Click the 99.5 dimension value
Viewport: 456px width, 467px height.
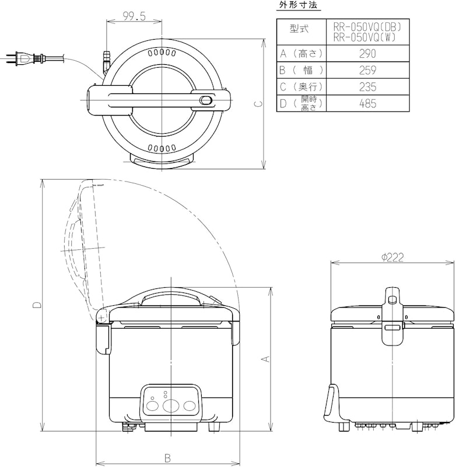pos(135,16)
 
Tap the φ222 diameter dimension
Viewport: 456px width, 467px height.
pos(392,257)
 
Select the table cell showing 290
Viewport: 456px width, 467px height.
pos(367,54)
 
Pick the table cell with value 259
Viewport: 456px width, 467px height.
pos(367,70)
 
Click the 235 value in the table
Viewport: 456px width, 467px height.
pos(367,87)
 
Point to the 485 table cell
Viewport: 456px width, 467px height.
pos(367,104)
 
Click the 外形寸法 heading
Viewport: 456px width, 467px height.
pos(299,5)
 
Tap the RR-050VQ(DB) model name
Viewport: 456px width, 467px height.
pos(367,27)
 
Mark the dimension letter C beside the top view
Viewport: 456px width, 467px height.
pos(259,104)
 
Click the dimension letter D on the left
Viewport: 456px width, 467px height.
pos(37,305)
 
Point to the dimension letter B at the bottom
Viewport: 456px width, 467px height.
pos(167,458)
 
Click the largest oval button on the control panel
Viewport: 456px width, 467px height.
pos(171,406)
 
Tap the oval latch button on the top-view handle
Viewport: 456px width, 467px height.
pos(205,100)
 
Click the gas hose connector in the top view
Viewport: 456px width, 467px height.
pos(107,61)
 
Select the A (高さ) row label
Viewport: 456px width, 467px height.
pos(301,54)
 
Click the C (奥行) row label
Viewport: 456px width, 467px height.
pos(301,87)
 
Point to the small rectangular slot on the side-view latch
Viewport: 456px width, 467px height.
pos(392,328)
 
